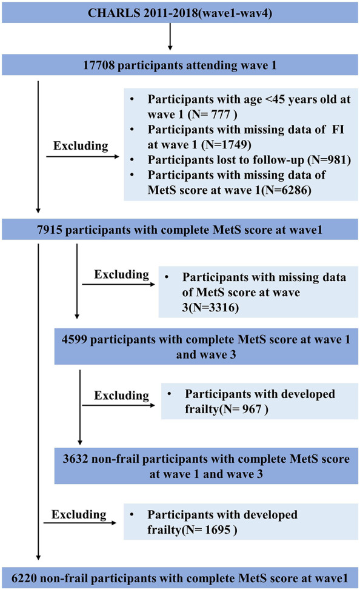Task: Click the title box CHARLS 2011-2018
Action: pos(179,12)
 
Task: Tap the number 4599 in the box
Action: pos(75,339)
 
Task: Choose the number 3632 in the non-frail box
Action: pos(75,459)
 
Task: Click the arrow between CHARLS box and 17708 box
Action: pos(170,36)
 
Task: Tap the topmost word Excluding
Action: pos(81,145)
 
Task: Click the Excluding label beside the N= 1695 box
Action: pos(79,514)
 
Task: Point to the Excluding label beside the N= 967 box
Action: pos(122,396)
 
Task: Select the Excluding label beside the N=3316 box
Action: pos(122,274)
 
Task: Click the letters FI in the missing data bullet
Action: pos(338,130)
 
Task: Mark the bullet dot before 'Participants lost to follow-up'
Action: pos(132,159)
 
